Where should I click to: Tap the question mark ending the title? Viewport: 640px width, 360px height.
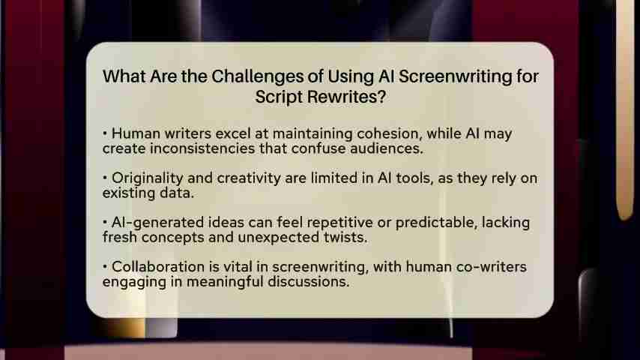pyautogui.click(x=381, y=97)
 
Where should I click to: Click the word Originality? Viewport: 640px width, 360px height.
pyautogui.click(x=148, y=178)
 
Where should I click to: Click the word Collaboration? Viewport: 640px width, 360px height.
pyautogui.click(x=158, y=267)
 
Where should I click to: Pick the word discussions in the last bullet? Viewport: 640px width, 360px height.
pyautogui.click(x=308, y=281)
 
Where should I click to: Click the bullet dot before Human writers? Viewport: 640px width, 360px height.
pyautogui.click(x=105, y=133)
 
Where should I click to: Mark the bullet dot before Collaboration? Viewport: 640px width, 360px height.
pyautogui.click(x=105, y=266)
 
